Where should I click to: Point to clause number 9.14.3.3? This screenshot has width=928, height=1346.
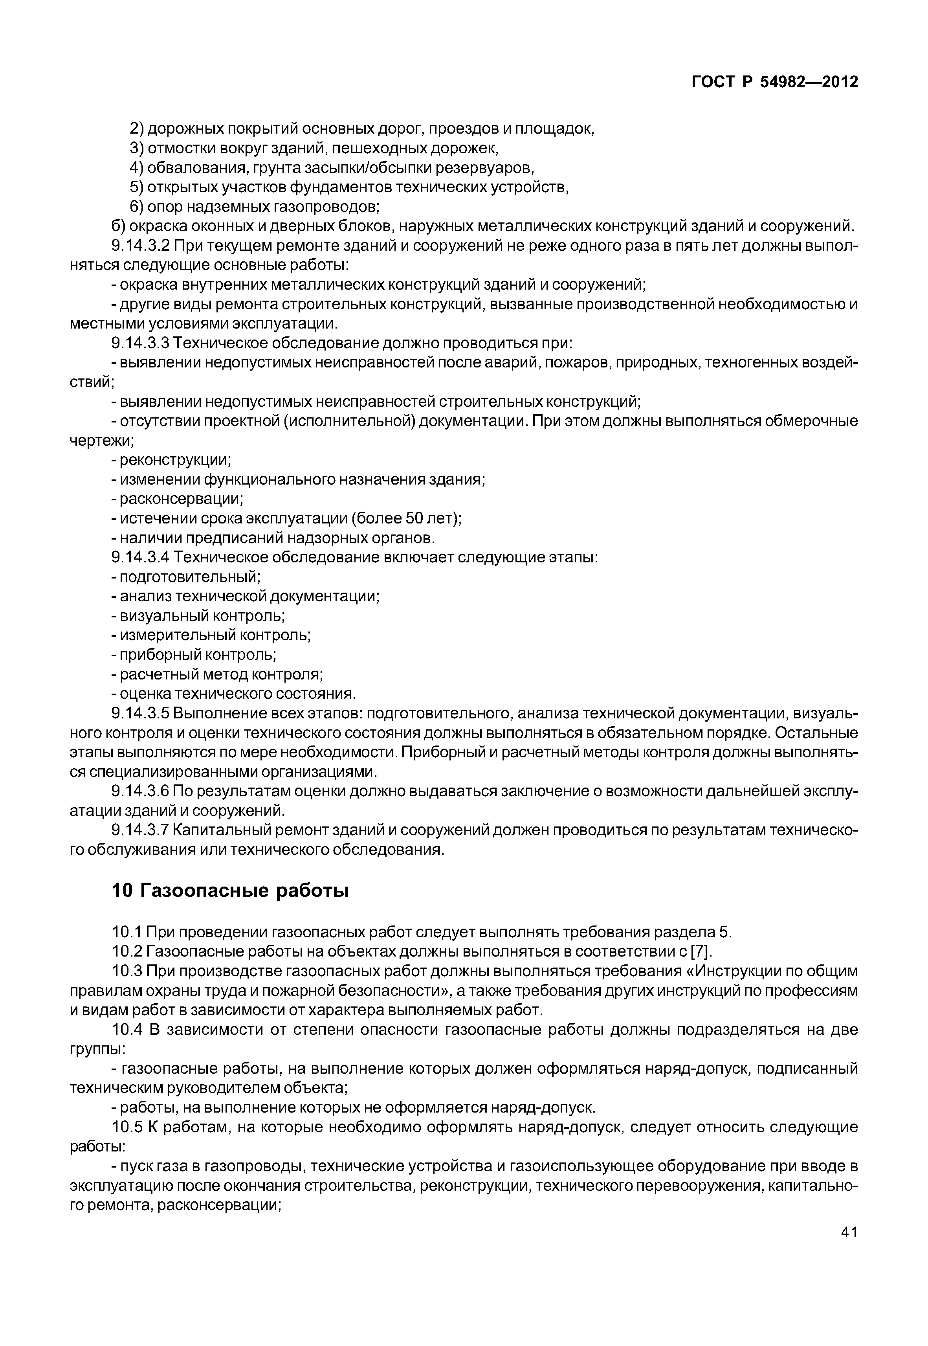click(140, 343)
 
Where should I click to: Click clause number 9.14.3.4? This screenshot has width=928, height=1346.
click(140, 557)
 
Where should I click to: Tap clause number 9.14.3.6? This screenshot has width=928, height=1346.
click(140, 791)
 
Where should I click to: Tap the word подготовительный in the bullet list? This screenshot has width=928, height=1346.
click(189, 577)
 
